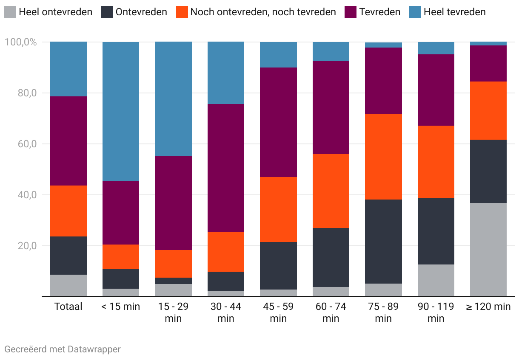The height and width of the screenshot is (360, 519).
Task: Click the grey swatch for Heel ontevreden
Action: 11,12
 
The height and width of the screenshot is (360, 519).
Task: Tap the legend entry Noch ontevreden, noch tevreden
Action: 263,12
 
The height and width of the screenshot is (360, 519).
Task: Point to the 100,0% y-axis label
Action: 20,42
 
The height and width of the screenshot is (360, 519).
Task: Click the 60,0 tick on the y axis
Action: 26,144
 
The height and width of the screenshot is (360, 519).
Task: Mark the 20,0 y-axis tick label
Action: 26,246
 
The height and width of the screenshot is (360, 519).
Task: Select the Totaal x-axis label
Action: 68,307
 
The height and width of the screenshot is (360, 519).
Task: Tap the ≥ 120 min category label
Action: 488,307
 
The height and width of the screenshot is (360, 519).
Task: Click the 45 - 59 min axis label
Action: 278,312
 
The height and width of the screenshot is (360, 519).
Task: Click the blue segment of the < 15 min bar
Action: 121,111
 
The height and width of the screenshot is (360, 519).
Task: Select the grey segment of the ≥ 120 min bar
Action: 488,249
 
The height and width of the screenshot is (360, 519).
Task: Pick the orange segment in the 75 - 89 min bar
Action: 383,157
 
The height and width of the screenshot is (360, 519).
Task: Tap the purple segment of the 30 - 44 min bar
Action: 226,168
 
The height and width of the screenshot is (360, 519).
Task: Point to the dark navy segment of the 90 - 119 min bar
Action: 436,231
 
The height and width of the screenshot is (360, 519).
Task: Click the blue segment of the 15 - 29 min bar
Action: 173,99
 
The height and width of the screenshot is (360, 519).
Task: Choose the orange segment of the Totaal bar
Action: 68,211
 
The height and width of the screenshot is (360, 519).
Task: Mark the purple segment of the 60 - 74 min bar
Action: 331,107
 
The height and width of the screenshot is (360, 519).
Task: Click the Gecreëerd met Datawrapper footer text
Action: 63,349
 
